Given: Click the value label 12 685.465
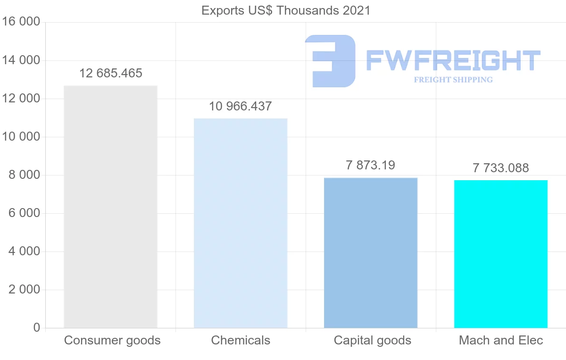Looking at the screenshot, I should (x=111, y=73).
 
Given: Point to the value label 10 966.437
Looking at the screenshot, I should (x=241, y=106).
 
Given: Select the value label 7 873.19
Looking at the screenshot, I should (x=370, y=165).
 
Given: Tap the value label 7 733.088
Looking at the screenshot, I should (x=501, y=167).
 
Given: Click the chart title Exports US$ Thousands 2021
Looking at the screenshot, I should (x=286, y=10).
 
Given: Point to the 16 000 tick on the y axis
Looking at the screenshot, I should (x=21, y=22).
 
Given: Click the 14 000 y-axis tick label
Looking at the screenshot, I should (x=21, y=60).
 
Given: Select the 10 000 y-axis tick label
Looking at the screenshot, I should (x=21, y=137).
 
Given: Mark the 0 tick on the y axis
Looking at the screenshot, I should (x=37, y=328).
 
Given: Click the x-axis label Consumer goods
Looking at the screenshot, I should (x=112, y=340).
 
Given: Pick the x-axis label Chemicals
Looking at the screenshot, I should (x=241, y=340).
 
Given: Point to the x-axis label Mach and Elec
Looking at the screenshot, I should (x=501, y=340).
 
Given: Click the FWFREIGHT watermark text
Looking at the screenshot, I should (x=453, y=60).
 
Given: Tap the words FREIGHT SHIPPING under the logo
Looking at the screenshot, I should (x=453, y=80).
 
